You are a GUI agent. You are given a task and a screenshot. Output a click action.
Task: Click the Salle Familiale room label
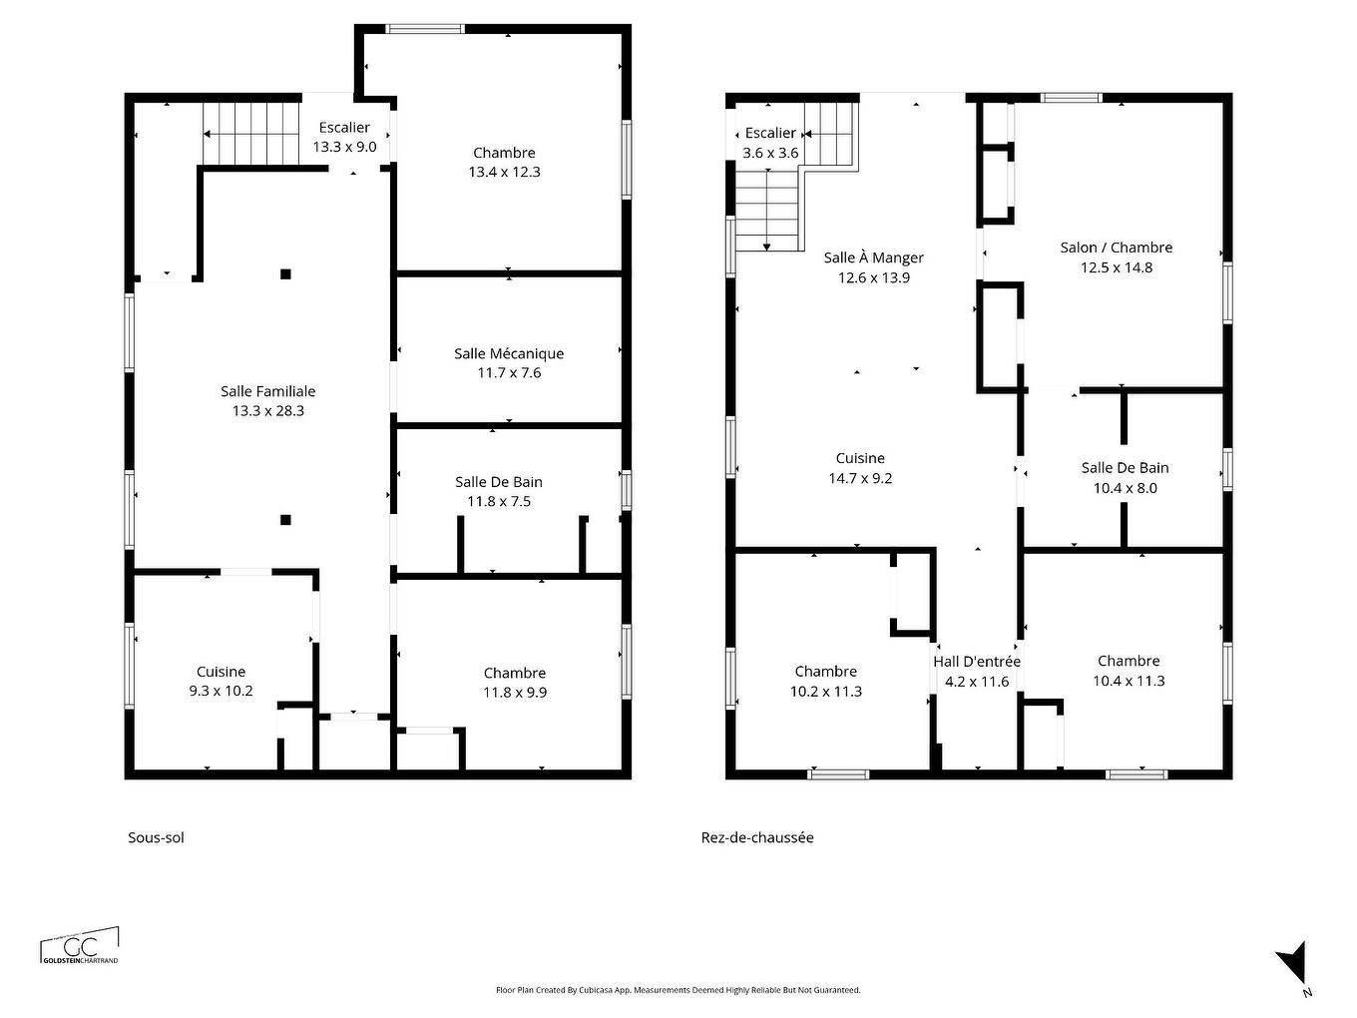pyautogui.click(x=267, y=391)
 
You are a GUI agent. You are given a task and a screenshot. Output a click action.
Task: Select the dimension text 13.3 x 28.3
pyautogui.click(x=267, y=411)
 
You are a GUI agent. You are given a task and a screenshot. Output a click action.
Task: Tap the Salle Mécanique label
pyautogui.click(x=509, y=353)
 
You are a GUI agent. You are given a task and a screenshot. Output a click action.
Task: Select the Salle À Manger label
pyautogui.click(x=873, y=257)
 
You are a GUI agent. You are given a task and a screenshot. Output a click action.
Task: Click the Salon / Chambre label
pyautogui.click(x=1116, y=248)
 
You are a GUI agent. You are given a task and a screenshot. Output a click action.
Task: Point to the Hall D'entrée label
pyautogui.click(x=977, y=661)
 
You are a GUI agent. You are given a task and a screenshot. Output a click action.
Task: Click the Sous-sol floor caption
pyautogui.click(x=156, y=837)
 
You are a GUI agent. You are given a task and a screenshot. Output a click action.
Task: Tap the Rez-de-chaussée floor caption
pyautogui.click(x=757, y=837)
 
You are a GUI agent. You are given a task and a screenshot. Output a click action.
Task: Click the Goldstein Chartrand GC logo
pyautogui.click(x=80, y=947)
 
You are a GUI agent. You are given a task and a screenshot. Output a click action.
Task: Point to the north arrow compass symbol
pyautogui.click(x=1293, y=963)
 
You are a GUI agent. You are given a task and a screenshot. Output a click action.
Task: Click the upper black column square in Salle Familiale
pyautogui.click(x=285, y=273)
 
